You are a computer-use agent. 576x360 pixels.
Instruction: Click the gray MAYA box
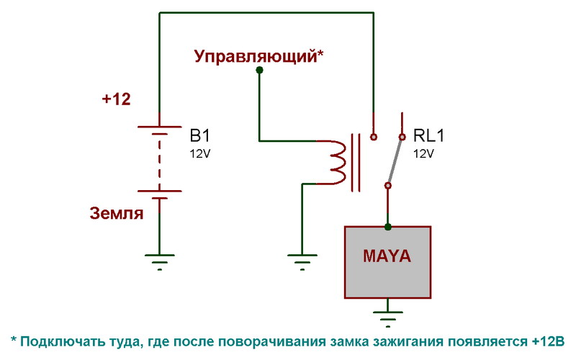[x=388, y=262]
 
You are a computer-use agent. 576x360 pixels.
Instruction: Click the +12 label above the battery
[x=116, y=100]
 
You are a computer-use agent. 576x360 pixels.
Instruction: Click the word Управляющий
[x=256, y=56]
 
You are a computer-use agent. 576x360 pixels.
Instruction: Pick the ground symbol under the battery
[x=159, y=260]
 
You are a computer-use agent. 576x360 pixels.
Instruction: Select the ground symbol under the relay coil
[x=302, y=260]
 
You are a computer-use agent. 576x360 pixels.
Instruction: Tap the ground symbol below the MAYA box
[x=388, y=317]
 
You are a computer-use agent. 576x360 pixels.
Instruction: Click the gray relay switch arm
[x=395, y=161]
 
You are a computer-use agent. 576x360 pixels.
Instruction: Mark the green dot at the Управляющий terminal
[x=258, y=72]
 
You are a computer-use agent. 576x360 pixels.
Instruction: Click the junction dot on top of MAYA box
[x=388, y=227]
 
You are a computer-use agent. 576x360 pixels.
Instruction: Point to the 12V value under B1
[x=201, y=153]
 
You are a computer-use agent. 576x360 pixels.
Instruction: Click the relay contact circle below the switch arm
[x=388, y=186]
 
